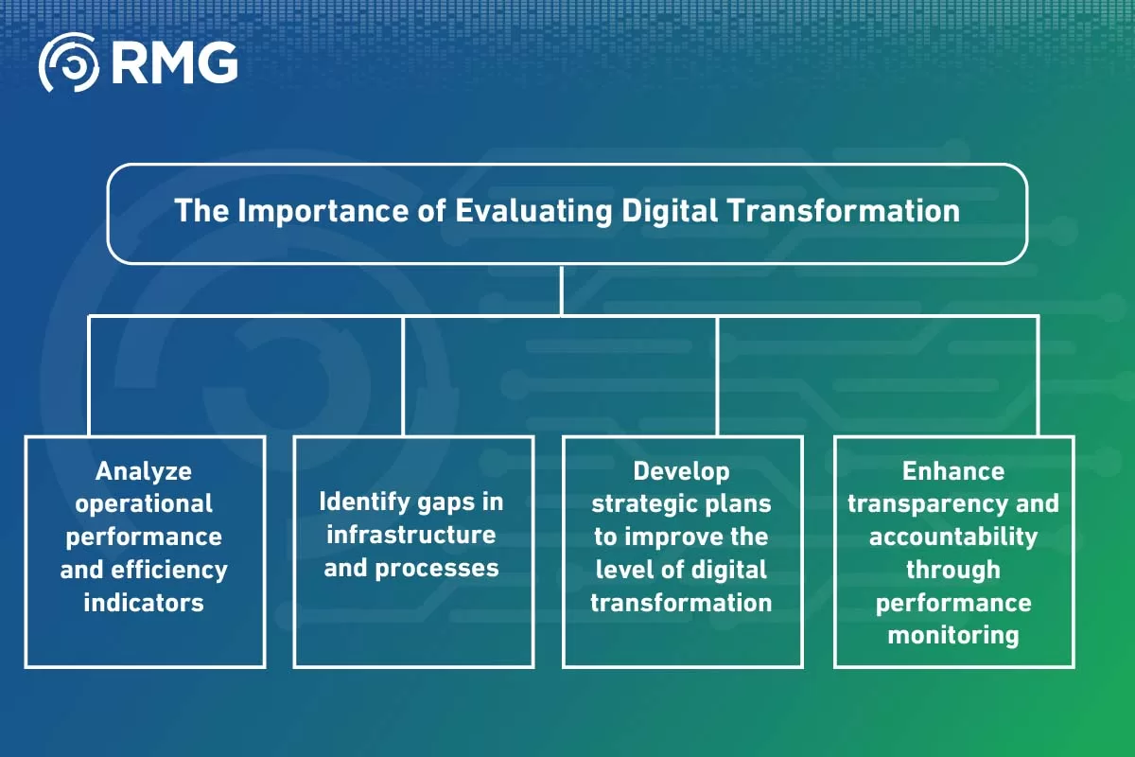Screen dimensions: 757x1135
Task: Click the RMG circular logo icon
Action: point(67,62)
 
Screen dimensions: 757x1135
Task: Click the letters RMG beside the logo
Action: point(173,62)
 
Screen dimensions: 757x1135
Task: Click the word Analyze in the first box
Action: point(144,470)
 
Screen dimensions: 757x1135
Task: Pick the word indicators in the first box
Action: point(144,602)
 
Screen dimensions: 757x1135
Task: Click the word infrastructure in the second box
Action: point(411,535)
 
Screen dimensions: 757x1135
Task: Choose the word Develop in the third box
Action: point(681,470)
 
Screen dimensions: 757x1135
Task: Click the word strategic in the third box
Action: point(639,503)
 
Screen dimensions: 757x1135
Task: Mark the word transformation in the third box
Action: point(681,602)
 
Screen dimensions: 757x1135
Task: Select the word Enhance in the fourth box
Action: point(953,470)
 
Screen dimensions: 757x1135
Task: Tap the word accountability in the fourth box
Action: point(953,537)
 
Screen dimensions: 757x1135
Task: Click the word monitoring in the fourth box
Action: point(953,635)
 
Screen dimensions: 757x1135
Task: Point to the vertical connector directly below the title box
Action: point(562,290)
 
